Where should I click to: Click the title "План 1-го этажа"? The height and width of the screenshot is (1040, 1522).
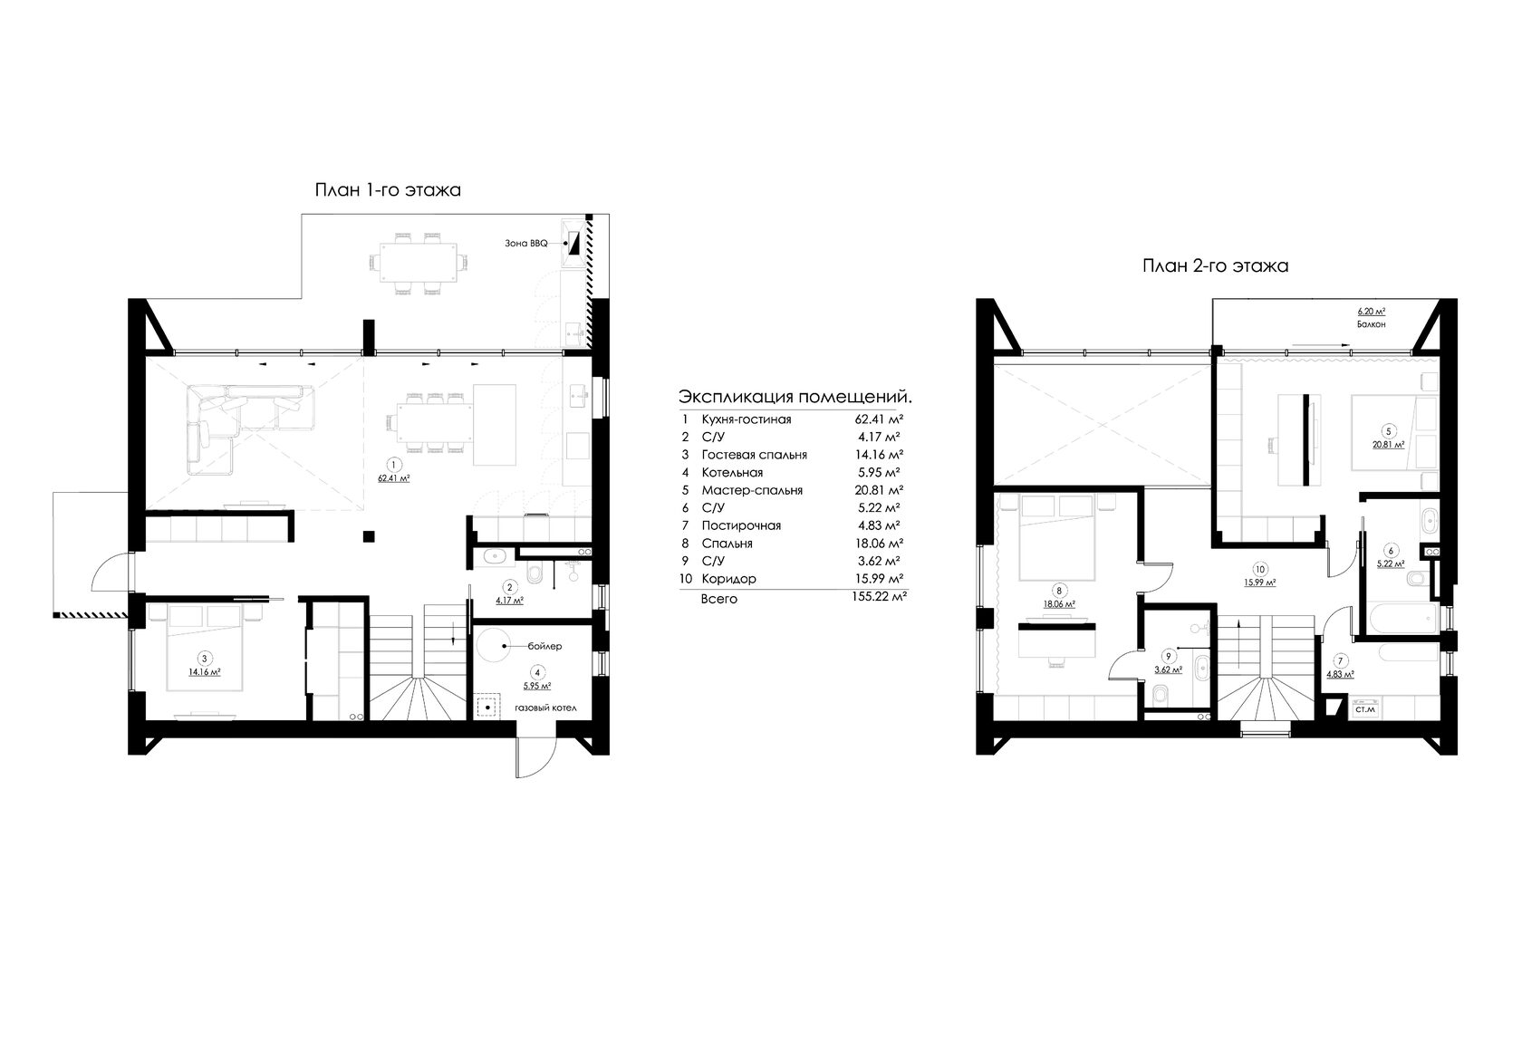(x=388, y=190)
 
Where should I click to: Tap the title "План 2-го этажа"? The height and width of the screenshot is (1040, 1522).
(x=1215, y=265)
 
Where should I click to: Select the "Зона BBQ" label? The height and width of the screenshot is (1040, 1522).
(x=525, y=243)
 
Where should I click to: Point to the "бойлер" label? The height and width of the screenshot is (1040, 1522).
(x=545, y=646)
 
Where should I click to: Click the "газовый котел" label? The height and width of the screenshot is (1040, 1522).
(x=545, y=708)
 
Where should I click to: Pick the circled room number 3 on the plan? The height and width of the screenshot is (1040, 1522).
(x=204, y=659)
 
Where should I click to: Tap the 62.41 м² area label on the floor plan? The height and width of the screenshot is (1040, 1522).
(x=393, y=478)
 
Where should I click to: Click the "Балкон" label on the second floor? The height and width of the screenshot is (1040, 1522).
(x=1372, y=324)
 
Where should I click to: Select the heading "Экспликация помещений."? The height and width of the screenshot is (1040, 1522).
(x=795, y=397)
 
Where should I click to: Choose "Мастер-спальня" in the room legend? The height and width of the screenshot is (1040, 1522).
(x=752, y=490)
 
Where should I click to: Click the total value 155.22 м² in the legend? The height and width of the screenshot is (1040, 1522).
(x=879, y=597)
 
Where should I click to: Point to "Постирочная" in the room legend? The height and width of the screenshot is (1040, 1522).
(x=741, y=525)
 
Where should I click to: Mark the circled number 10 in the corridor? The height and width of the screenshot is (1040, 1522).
(x=1259, y=570)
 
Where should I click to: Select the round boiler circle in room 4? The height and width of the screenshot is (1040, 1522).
(x=492, y=646)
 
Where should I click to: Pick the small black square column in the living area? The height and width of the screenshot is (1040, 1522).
(x=368, y=536)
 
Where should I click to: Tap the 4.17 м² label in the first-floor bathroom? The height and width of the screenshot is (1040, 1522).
(x=509, y=602)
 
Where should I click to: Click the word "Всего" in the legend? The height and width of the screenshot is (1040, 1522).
(x=719, y=599)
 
